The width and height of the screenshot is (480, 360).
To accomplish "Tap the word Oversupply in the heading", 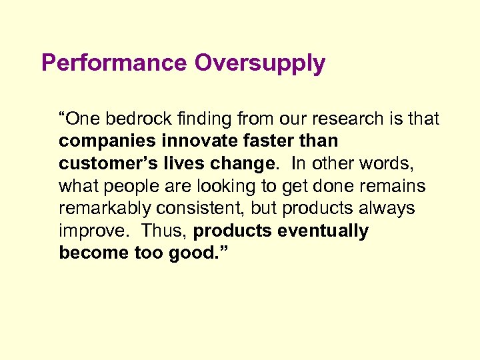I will [260, 63].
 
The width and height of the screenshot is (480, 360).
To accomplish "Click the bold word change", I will [241, 164].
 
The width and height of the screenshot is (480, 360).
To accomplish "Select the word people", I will [126, 187].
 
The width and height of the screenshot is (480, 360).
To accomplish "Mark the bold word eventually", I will [324, 231].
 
